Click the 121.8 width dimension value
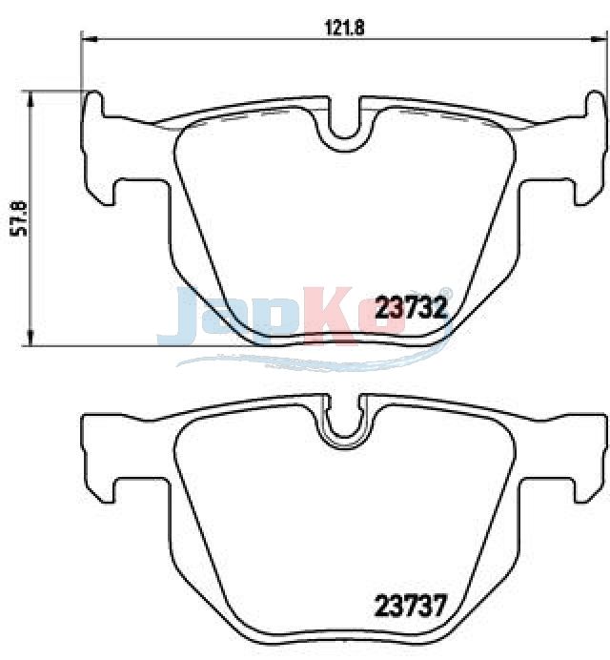tap(344, 29)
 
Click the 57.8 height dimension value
tap(19, 218)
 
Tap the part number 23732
tap(411, 308)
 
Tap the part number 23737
tap(409, 606)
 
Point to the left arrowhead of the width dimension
tap(89, 39)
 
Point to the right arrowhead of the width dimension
tap(597, 39)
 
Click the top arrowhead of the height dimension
tap(30, 99)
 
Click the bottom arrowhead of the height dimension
tap(30, 338)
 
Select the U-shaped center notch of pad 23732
tap(344, 126)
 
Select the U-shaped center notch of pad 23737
tap(344, 425)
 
